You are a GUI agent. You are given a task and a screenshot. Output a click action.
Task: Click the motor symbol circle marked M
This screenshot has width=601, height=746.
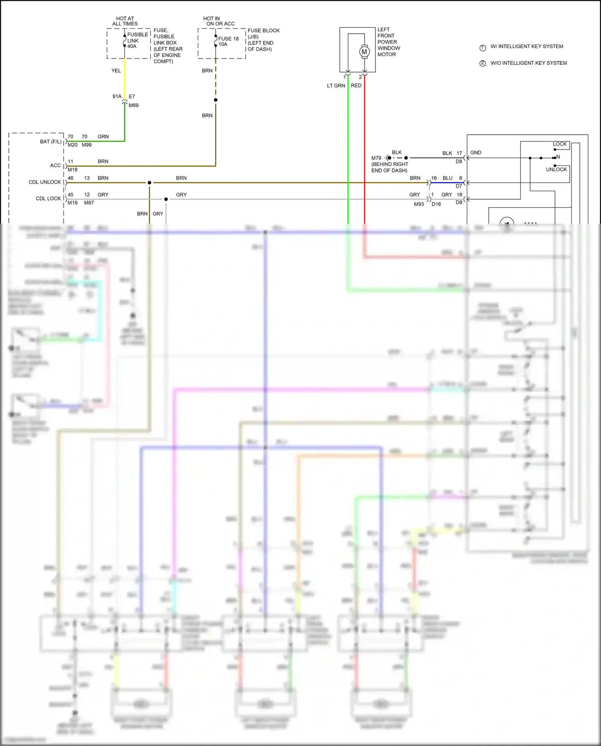pos(364,52)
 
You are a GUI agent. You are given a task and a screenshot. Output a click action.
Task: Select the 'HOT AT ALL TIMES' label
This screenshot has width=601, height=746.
pos(125,21)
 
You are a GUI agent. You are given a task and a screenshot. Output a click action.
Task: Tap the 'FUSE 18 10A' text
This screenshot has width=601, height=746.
pos(228,41)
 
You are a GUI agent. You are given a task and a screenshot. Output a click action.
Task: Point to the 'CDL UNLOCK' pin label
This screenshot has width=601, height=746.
pos(45,182)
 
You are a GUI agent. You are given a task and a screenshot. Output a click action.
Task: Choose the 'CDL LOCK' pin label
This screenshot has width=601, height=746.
pos(48,198)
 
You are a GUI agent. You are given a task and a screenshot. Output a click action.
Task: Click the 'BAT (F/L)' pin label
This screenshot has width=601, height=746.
pos(51,142)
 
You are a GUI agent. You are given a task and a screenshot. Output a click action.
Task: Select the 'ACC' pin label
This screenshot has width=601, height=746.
pos(56,166)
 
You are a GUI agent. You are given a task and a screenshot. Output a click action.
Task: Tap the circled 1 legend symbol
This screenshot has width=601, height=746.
pos(483,48)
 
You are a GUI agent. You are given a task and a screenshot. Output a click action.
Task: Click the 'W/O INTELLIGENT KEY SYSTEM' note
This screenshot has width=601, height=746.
pos(528,63)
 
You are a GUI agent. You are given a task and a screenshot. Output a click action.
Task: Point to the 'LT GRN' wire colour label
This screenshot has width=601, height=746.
pos(336,85)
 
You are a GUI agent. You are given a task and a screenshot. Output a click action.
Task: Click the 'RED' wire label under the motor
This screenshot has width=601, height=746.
pos(356,85)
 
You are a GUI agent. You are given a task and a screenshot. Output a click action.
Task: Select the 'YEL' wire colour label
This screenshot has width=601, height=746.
pos(116,71)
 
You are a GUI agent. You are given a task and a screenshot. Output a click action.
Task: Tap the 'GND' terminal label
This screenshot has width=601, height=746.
pos(476,153)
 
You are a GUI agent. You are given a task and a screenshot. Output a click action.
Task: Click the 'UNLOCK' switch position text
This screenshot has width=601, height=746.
pos(556,170)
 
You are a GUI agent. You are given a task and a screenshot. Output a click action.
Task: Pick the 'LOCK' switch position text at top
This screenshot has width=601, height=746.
pos(560,144)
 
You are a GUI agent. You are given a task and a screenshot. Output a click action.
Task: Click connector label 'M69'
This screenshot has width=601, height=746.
pos(133,105)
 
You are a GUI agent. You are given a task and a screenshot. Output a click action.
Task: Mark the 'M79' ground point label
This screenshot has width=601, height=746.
pos(376,158)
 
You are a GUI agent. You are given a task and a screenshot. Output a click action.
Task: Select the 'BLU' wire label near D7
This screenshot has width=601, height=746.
pos(448,178)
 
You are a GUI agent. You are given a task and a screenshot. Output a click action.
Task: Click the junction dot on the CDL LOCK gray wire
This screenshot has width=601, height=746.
pos(166,199)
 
